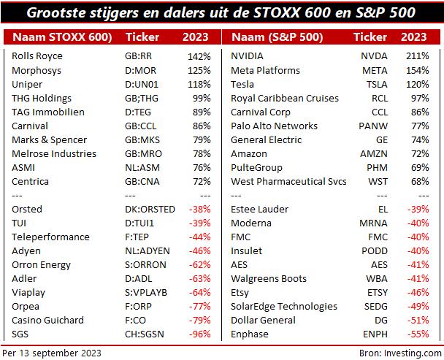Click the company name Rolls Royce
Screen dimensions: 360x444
tap(37, 56)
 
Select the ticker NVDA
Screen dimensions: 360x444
tap(375, 56)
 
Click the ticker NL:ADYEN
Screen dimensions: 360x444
tap(148, 250)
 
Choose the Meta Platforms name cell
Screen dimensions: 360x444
tap(265, 70)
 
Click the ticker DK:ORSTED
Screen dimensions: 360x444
tap(150, 209)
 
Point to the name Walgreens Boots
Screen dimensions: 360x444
tap(269, 278)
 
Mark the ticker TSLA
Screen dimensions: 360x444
tap(375, 84)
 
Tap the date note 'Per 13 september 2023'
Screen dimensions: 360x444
tap(52, 353)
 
